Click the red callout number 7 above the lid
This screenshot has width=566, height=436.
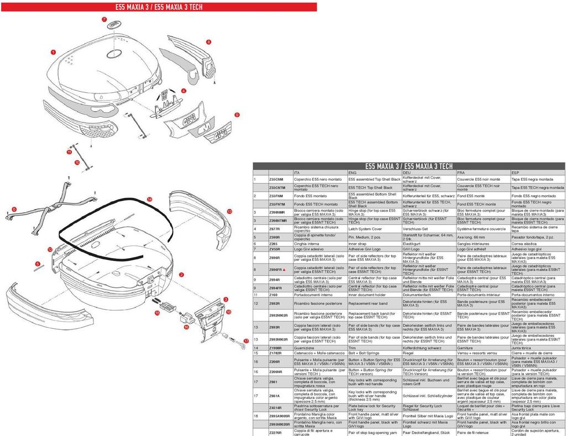[104, 19]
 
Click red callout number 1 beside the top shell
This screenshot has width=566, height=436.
[53, 52]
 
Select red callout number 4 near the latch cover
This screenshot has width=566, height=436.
[184, 90]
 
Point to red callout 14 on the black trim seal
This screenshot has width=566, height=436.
[150, 199]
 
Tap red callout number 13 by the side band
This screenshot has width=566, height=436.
[229, 212]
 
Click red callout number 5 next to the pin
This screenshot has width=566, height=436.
[38, 264]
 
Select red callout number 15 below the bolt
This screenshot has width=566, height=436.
[157, 313]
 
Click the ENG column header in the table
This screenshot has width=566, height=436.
[352, 172]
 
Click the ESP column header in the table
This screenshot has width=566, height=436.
[515, 172]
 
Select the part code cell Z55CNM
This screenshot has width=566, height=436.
[276, 180]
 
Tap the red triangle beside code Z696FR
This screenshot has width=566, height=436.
[284, 270]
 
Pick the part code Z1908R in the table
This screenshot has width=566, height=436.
[276, 348]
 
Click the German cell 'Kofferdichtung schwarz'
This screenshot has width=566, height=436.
[422, 348]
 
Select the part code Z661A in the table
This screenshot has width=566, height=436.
[275, 396]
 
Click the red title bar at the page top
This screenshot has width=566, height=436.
[159, 7]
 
